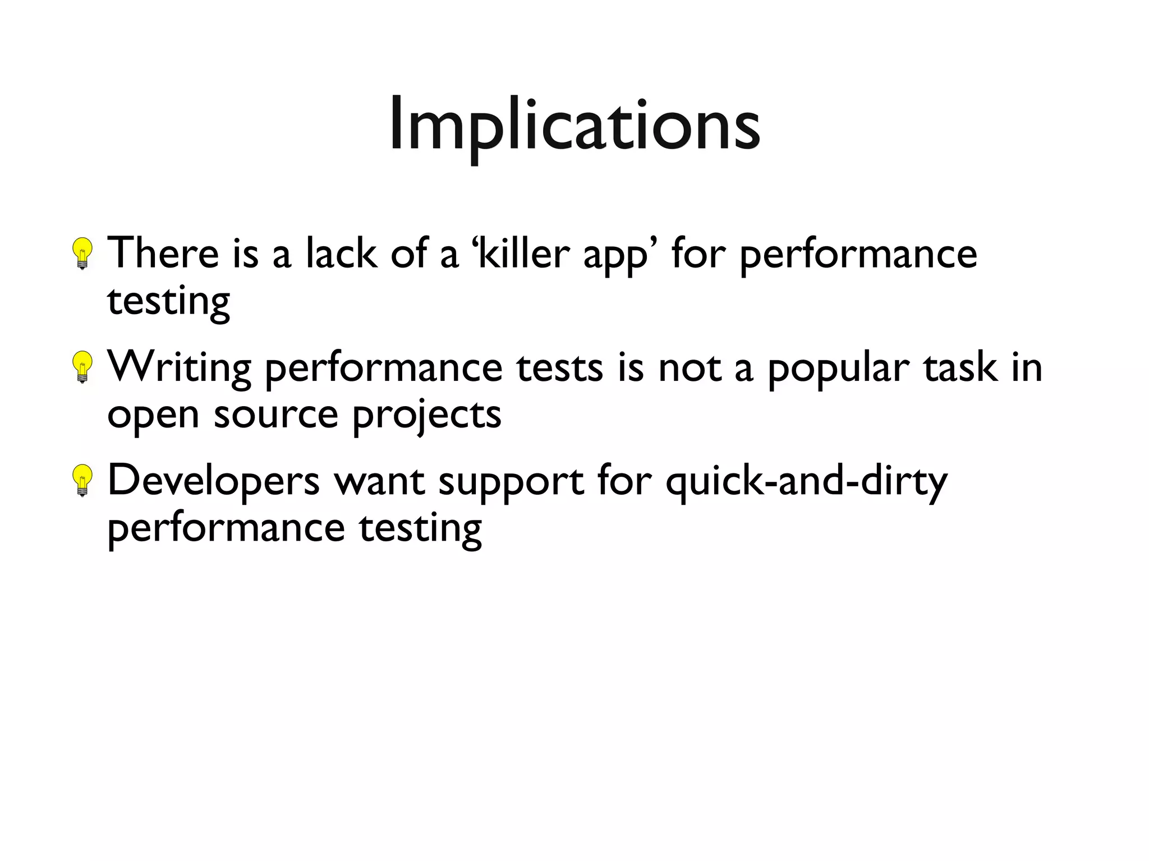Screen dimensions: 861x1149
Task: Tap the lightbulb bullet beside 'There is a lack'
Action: [83, 254]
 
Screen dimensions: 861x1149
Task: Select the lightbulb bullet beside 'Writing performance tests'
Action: [83, 367]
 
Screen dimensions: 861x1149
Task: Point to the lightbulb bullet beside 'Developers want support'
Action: [83, 480]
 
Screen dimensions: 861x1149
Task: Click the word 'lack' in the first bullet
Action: [341, 254]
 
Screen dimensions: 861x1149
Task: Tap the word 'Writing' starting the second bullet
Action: [179, 368]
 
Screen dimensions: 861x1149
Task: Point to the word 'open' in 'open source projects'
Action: [153, 416]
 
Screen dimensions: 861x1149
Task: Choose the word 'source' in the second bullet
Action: [275, 415]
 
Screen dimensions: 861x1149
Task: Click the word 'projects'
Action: [426, 416]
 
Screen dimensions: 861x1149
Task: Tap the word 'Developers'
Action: [213, 481]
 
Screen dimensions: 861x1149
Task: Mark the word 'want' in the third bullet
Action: [379, 481]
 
